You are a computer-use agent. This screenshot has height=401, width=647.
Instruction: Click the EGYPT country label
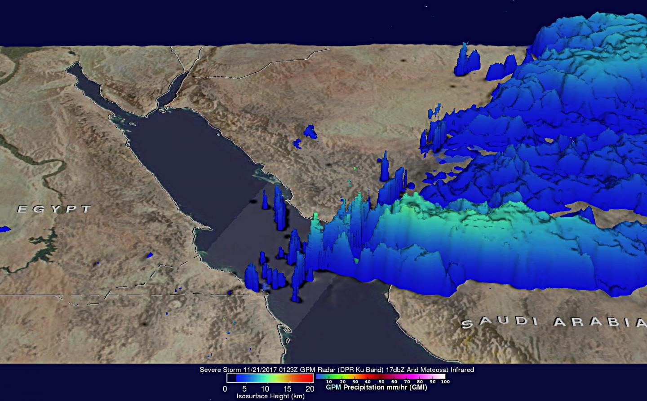54,209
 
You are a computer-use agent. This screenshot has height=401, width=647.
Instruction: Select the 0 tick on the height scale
225,389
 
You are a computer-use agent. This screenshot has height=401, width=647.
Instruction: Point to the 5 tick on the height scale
244,389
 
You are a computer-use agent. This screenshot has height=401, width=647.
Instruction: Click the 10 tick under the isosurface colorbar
265,389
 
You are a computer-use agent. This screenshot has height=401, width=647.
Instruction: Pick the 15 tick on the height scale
288,389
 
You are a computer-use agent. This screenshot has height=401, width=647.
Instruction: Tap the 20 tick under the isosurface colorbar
310,389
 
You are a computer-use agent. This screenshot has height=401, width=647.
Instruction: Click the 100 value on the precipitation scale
445,382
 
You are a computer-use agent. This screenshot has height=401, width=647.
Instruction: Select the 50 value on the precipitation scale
381,382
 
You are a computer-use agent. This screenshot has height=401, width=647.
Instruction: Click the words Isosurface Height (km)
270,396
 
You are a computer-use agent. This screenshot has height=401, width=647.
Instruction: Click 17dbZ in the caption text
394,370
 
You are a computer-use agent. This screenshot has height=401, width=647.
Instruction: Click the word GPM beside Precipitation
333,387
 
